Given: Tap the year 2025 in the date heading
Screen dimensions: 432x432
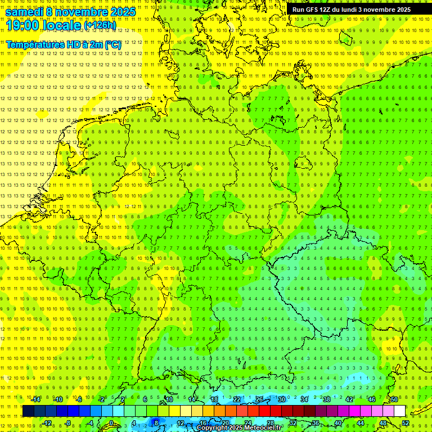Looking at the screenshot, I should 120,12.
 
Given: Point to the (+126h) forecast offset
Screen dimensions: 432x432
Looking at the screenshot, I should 100,25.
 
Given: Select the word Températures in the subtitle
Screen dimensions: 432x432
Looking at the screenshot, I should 34,44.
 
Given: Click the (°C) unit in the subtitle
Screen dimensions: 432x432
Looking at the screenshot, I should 113,44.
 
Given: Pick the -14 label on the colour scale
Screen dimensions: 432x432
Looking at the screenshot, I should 37,399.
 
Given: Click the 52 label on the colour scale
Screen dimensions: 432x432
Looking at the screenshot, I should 406,423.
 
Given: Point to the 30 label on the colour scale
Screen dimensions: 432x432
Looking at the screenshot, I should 281,399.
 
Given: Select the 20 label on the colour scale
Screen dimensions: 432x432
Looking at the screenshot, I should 225,423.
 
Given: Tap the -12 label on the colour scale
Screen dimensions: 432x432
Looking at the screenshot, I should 47,423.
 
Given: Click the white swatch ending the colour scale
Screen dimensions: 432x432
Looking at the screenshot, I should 400,411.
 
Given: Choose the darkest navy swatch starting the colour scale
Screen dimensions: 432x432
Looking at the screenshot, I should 28,411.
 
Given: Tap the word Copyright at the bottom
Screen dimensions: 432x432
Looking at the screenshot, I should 212,428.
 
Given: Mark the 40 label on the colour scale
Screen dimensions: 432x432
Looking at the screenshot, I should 337,423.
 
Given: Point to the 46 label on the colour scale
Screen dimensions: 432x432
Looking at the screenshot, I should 371,399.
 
